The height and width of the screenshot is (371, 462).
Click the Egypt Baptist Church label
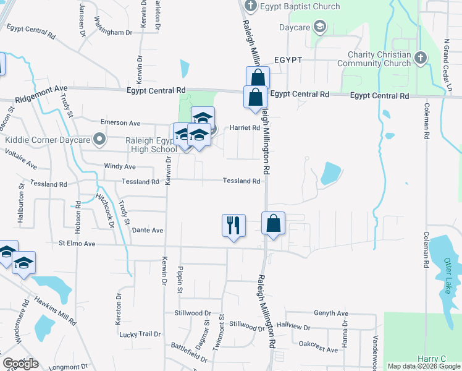[x=300, y=7]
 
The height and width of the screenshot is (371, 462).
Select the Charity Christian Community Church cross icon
[x=421, y=58]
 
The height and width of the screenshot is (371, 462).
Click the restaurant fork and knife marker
[x=233, y=224]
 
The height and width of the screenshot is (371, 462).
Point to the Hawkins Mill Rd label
[x=56, y=312]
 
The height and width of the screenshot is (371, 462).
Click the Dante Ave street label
[x=147, y=230]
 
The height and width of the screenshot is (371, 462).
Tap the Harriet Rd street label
[x=245, y=127]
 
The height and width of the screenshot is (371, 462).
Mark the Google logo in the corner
[x=21, y=364]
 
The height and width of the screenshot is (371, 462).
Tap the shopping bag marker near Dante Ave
[x=273, y=223]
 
